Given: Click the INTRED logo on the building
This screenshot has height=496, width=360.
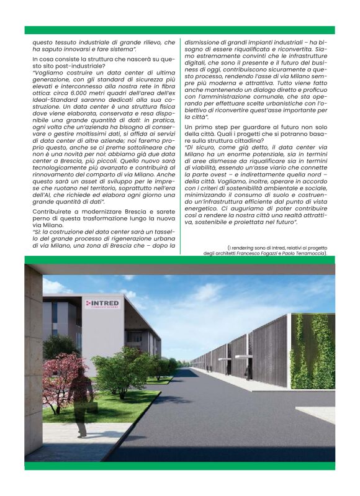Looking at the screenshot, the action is click(104, 304).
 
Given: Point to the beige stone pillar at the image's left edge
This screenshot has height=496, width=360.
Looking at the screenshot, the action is click(33, 360).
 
